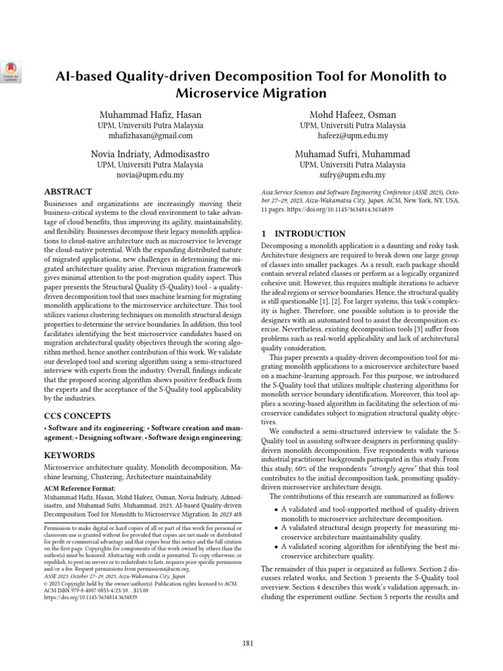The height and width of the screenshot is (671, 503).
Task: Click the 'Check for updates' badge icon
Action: pos(12,69)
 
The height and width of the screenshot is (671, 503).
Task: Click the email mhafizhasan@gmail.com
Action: pos(151,136)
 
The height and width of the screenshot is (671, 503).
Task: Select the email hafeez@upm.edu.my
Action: pos(353,136)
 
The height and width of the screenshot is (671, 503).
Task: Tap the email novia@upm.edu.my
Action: pos(151,175)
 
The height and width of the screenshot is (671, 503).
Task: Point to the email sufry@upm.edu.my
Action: pos(353,175)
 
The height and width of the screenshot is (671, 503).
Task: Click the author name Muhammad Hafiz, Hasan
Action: pos(151,115)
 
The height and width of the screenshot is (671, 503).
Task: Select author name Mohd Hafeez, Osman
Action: pos(353,115)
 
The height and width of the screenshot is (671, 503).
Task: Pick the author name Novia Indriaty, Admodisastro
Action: pos(151,154)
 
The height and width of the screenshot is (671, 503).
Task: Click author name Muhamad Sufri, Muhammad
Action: pos(353,154)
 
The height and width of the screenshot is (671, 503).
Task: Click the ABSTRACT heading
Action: pos(67,192)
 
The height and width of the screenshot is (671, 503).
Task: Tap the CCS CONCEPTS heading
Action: pos(77,415)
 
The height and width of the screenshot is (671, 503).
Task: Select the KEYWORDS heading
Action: pos(69,455)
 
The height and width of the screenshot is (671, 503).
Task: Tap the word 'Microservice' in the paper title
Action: pos(214,93)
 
